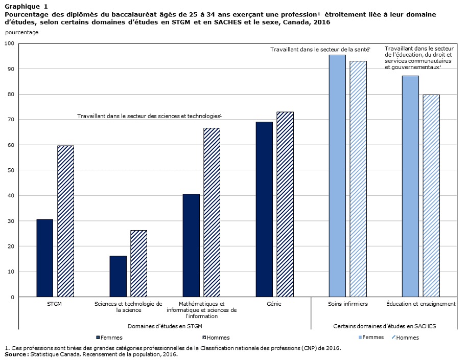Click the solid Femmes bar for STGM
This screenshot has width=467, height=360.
44,258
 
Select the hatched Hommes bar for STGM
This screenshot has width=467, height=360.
65,221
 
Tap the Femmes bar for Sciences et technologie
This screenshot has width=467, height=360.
118,276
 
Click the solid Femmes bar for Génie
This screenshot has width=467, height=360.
264,209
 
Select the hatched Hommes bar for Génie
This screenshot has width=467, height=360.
285,205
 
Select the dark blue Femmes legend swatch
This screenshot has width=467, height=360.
98,337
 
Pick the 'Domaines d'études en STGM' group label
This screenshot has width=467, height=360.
165,326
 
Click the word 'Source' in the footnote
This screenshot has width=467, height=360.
15,354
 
